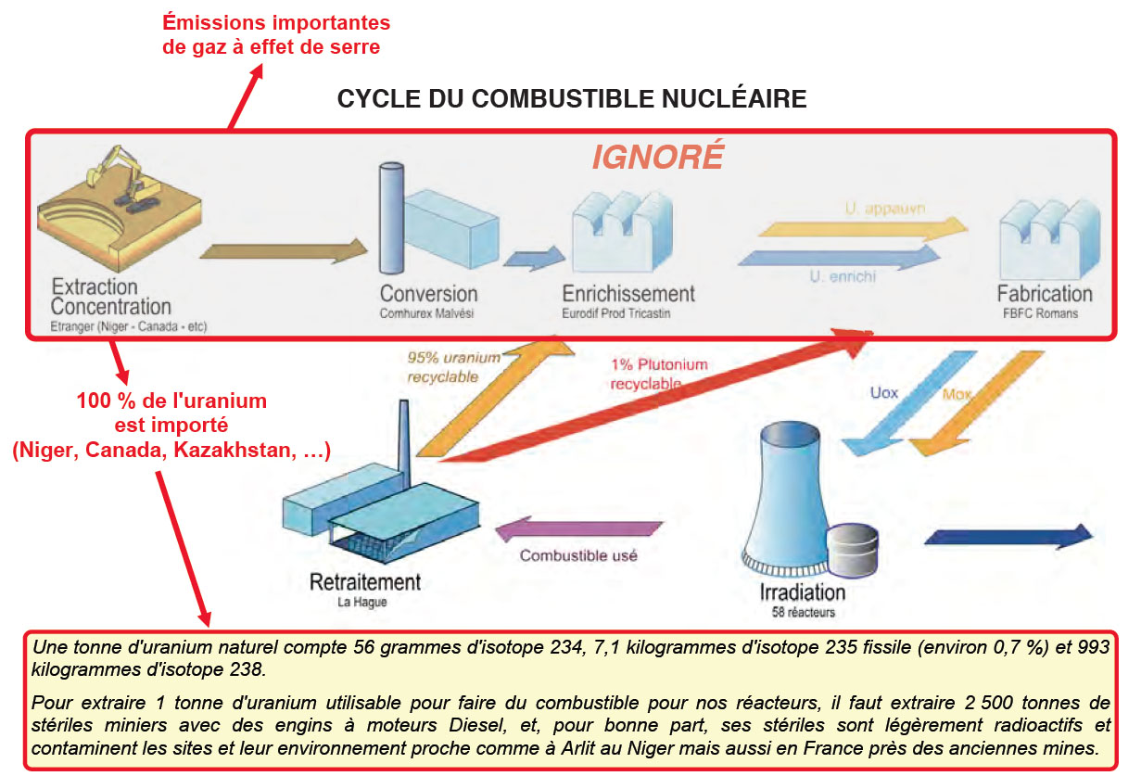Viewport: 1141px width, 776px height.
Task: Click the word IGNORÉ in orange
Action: coord(657,157)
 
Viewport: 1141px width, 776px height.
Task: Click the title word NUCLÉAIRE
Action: coord(734,99)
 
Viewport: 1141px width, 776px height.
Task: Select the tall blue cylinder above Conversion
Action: coord(391,218)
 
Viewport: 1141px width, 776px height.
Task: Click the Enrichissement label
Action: coord(628,294)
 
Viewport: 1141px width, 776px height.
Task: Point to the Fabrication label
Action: coord(1045,294)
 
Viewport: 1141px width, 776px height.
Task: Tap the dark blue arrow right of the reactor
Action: coord(1008,537)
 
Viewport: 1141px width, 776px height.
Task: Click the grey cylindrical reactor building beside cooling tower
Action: coord(852,551)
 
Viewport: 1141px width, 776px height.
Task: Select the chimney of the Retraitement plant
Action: coord(404,444)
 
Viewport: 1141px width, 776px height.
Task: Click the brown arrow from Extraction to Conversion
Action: coord(284,250)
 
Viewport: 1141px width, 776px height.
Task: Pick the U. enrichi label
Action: coord(843,276)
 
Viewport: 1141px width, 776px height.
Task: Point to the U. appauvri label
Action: coord(885,209)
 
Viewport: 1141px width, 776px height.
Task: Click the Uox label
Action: coord(883,393)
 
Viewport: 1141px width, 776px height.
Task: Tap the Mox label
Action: coord(957,394)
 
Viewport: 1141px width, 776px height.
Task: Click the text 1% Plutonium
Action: coord(659,364)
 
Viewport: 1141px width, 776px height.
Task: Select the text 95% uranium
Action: coord(453,358)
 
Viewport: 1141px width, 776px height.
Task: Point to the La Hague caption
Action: coord(362,603)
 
